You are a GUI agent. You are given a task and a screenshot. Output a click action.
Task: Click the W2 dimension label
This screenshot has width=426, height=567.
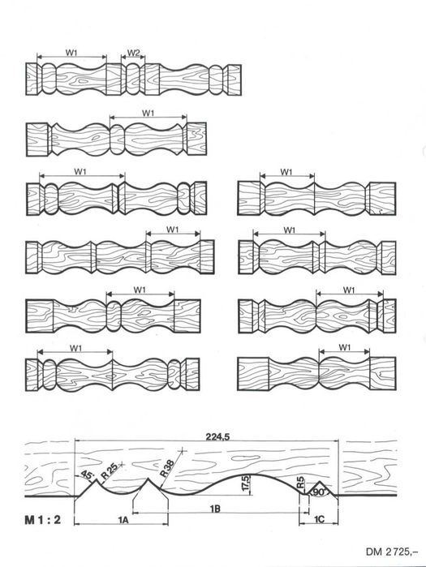click(x=133, y=53)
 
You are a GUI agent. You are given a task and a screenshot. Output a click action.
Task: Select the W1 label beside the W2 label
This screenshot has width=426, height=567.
click(x=71, y=53)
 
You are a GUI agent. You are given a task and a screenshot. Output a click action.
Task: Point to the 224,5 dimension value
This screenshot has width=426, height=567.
click(x=217, y=436)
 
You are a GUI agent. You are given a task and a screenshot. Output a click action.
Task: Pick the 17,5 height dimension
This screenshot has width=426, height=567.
click(x=246, y=483)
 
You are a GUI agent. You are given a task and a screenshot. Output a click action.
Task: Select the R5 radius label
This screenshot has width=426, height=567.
click(x=301, y=483)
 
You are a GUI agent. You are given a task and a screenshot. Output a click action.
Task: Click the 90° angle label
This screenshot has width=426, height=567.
click(x=320, y=492)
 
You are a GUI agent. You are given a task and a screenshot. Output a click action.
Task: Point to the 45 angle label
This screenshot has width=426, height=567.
click(x=87, y=475)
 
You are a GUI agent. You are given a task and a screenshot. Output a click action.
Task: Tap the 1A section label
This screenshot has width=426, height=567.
click(x=123, y=520)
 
